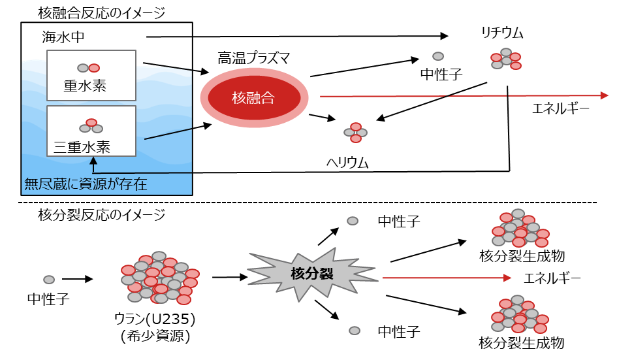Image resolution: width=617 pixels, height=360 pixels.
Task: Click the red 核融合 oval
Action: pyautogui.click(x=254, y=98)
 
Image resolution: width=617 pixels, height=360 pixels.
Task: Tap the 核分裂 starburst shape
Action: pyautogui.click(x=312, y=274)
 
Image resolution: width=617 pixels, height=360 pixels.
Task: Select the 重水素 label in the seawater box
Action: pyautogui.click(x=85, y=86)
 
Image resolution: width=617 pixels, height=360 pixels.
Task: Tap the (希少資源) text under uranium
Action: pyautogui.click(x=155, y=336)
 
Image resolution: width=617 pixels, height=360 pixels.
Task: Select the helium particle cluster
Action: pyautogui.click(x=356, y=131)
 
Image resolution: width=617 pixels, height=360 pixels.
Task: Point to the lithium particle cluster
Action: pyautogui.click(x=506, y=58)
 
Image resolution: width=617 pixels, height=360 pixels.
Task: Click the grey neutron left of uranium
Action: pyautogui.click(x=49, y=280)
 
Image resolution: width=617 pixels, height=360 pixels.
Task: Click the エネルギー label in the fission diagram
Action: pyautogui.click(x=552, y=278)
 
